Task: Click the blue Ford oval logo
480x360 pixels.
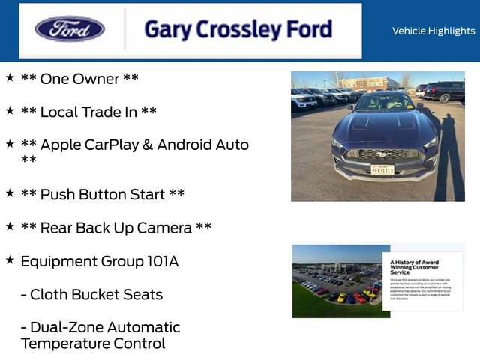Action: click(70, 30)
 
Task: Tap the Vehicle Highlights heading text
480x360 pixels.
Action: click(433, 31)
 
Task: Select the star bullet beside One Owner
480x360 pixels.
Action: click(10, 77)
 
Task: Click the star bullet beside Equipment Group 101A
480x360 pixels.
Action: click(10, 259)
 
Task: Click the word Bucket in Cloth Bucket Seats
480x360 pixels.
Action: click(100, 294)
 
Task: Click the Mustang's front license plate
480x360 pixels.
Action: click(382, 169)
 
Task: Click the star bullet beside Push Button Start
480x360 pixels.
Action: click(10, 193)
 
